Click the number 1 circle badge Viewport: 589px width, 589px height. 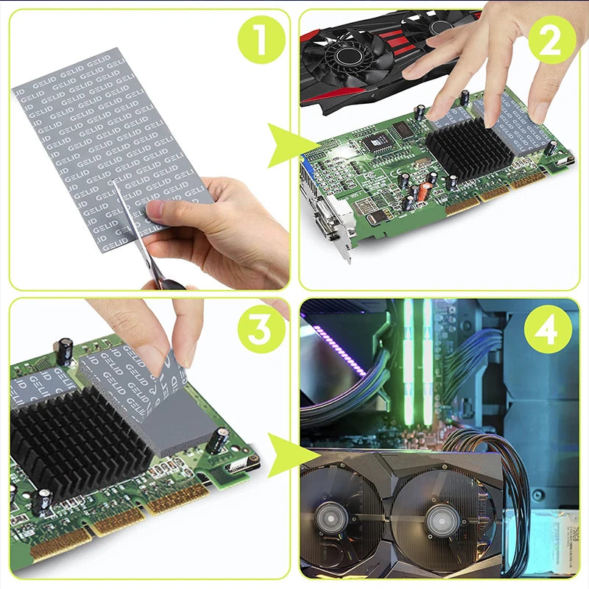[x=260, y=40]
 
